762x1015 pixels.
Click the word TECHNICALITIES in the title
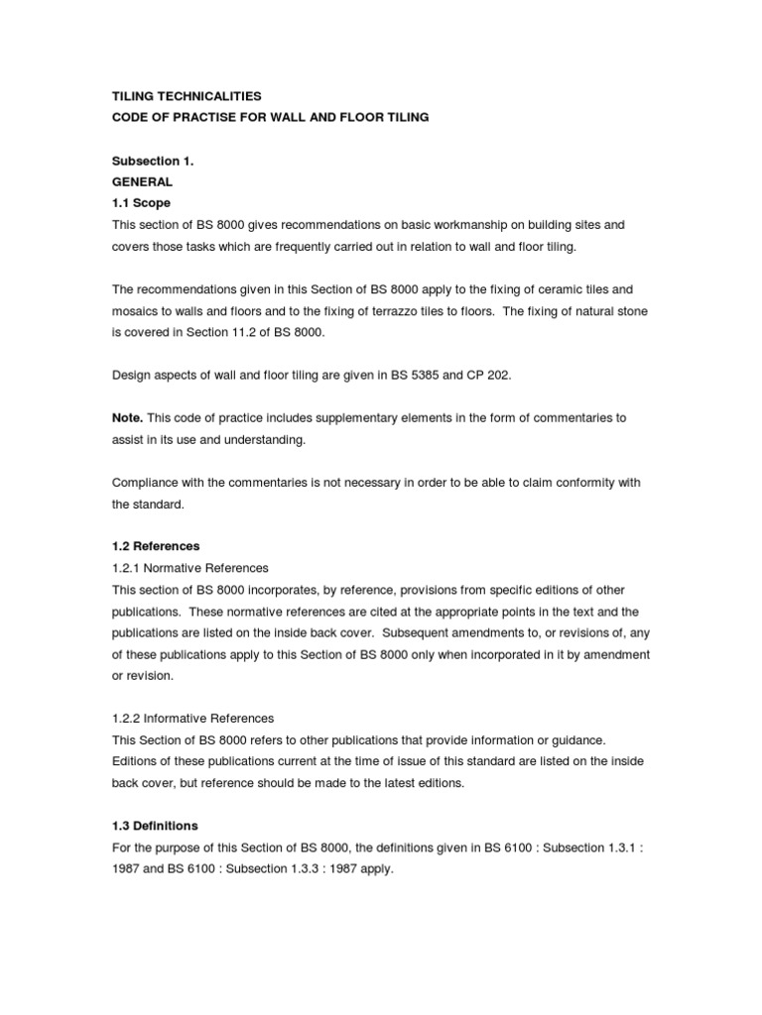click(x=205, y=96)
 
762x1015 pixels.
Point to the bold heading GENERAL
click(x=142, y=182)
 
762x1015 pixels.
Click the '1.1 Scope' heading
click(x=141, y=203)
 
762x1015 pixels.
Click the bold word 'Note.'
click(x=127, y=417)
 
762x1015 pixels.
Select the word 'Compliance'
click(x=147, y=482)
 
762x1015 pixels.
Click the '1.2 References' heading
click(x=156, y=546)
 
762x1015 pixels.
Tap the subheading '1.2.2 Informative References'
click(x=192, y=718)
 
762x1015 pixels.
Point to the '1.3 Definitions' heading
click(x=155, y=826)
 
